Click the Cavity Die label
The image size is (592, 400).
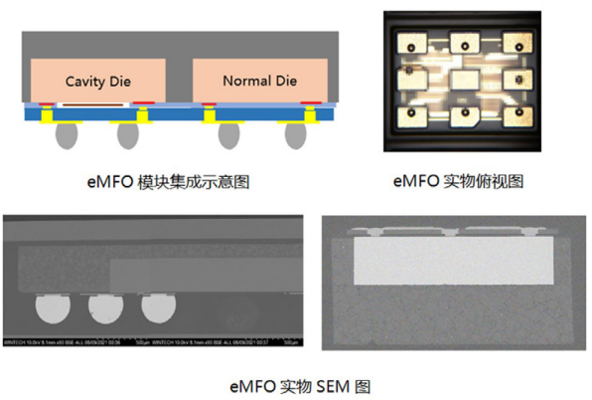99,81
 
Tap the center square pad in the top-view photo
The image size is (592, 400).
461,79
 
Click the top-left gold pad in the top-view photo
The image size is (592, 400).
409,44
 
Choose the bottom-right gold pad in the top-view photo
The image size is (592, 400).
513,115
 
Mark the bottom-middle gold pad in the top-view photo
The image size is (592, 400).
461,116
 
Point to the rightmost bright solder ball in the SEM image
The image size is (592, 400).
157,309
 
